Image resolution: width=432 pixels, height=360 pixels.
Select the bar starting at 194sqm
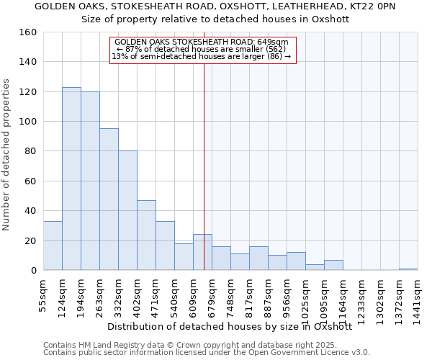90,181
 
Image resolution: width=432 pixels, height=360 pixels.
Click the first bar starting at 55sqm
53,246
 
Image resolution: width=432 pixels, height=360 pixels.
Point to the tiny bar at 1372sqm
408,269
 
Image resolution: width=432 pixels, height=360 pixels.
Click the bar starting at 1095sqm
333,265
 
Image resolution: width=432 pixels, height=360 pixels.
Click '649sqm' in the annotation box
272,42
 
